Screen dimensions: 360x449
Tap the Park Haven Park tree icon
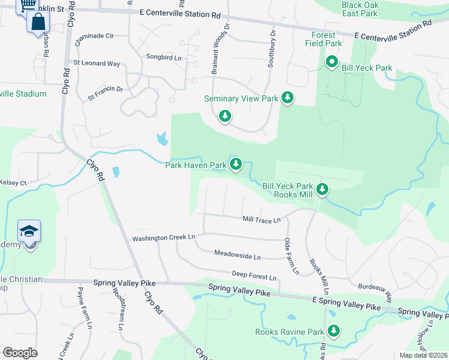[236, 164]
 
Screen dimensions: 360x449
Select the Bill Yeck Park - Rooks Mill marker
[323, 190]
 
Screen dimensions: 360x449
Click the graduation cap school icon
[28, 232]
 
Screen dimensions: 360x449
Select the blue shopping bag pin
[37, 22]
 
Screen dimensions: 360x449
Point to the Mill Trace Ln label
[261, 220]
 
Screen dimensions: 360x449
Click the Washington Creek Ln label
[164, 238]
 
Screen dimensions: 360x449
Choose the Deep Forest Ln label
[255, 277]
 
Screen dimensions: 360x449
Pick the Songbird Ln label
[163, 57]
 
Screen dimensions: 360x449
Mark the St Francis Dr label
[105, 92]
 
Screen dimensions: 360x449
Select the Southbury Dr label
[271, 47]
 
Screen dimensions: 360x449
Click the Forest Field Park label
[323, 39]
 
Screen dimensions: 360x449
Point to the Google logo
[20, 353]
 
